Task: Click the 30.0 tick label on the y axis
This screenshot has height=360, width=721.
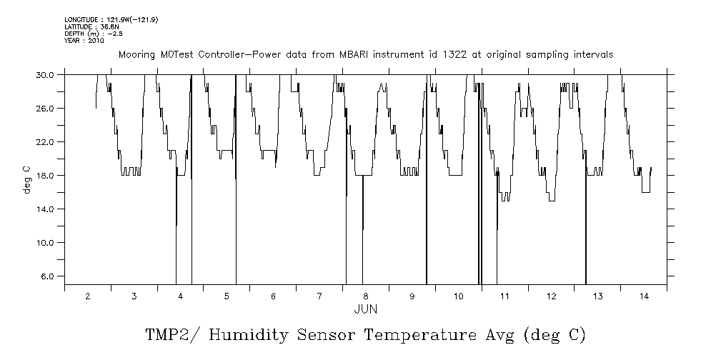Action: coord(46,74)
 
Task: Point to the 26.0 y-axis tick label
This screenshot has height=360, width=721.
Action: coord(46,108)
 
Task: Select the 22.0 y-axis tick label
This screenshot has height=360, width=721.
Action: coord(46,141)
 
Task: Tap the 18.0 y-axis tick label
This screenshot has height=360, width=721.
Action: coord(46,175)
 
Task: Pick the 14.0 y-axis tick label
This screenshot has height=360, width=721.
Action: coord(46,209)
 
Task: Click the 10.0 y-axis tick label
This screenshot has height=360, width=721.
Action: coord(46,242)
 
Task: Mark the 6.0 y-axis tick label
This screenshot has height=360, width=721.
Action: coord(49,276)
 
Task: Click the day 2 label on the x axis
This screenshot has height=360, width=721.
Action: coord(87,296)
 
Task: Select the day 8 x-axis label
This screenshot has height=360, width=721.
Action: coord(366,296)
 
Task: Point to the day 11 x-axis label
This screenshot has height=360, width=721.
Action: coord(504,296)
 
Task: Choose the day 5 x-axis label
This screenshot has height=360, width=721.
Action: coord(227,296)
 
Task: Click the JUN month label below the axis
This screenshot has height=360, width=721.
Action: coord(365,309)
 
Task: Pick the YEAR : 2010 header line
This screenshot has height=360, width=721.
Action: coord(84,41)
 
